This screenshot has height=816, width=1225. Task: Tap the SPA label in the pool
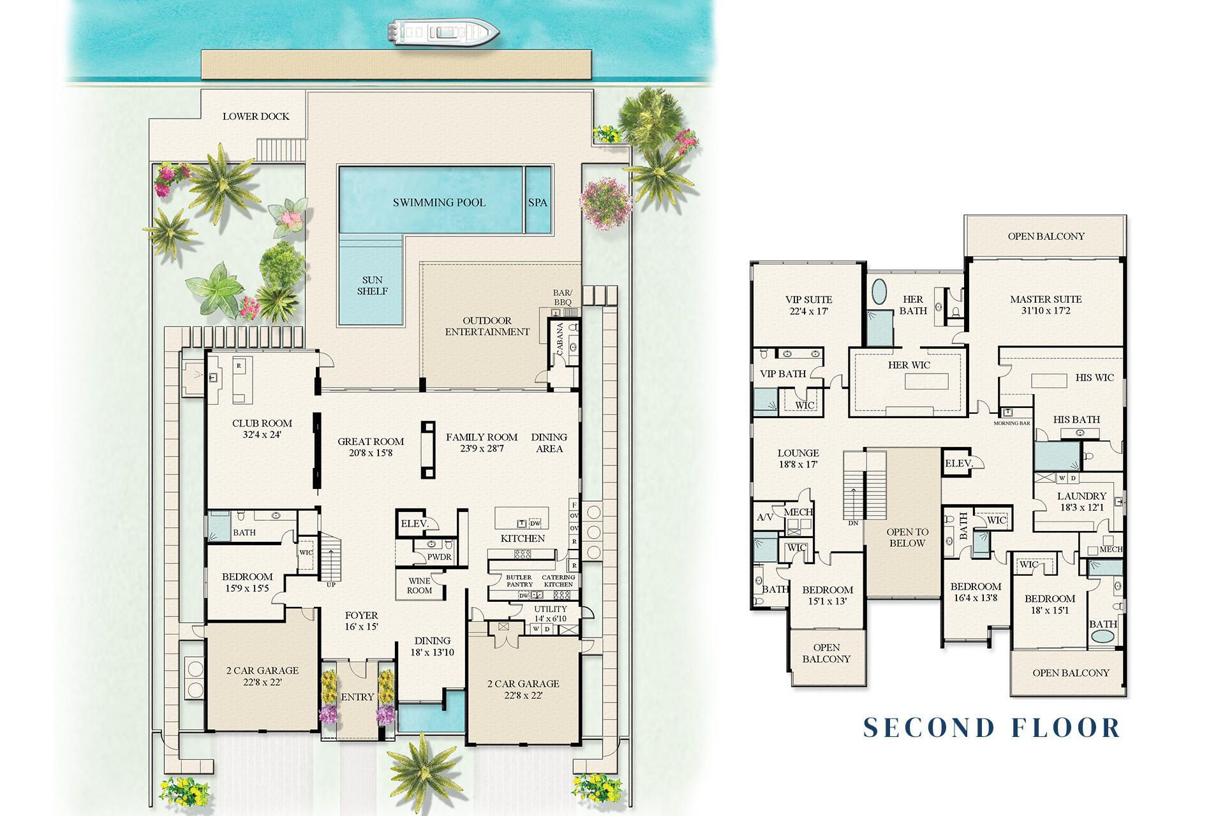[x=537, y=202]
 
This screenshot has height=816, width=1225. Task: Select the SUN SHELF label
[x=373, y=286]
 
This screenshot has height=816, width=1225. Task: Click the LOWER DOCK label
[x=255, y=116]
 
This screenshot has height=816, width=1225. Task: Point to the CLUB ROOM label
[x=262, y=428]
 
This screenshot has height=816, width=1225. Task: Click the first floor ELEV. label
[x=413, y=524]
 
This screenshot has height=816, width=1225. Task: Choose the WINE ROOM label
[x=419, y=585]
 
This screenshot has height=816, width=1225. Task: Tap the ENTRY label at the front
[x=357, y=697]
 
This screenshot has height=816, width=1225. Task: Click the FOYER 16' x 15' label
[x=361, y=620]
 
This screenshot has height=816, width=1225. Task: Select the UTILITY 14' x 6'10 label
[x=550, y=613]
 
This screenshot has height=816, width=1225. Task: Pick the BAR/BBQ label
[x=562, y=298]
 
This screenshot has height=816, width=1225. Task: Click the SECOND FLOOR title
[x=991, y=727]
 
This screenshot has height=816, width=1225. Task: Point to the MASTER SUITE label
[x=1045, y=305]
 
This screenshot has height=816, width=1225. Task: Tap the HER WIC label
[x=909, y=365]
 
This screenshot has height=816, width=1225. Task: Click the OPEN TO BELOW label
[x=907, y=537]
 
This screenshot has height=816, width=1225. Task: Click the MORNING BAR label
[x=1012, y=423]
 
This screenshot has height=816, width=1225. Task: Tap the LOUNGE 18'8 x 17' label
[x=798, y=459]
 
